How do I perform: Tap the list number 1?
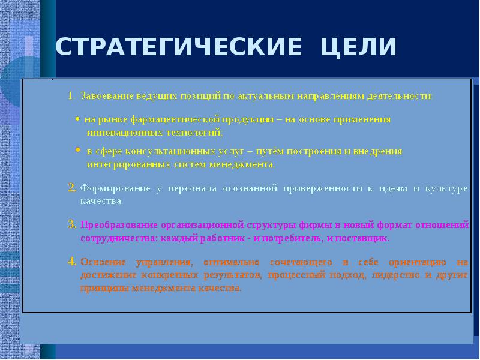70,96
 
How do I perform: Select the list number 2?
71,188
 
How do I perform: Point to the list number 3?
71,225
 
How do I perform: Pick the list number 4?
71,262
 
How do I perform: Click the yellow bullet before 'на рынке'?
78,119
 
